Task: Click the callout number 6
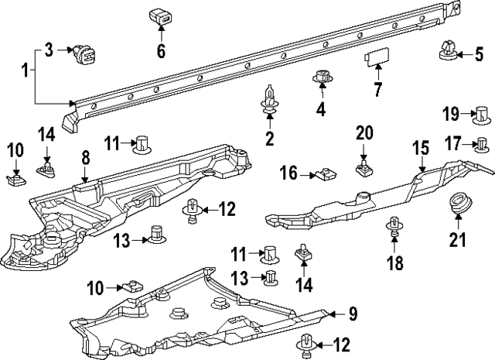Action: tap(161, 52)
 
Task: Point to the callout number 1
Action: tap(26, 71)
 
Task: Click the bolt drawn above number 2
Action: tap(269, 101)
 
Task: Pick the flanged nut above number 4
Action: tap(321, 79)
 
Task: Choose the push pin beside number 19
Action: tap(480, 116)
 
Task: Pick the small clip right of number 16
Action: tap(326, 174)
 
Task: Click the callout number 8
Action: tap(85, 157)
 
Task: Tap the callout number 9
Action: tap(352, 314)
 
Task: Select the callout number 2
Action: tap(269, 139)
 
